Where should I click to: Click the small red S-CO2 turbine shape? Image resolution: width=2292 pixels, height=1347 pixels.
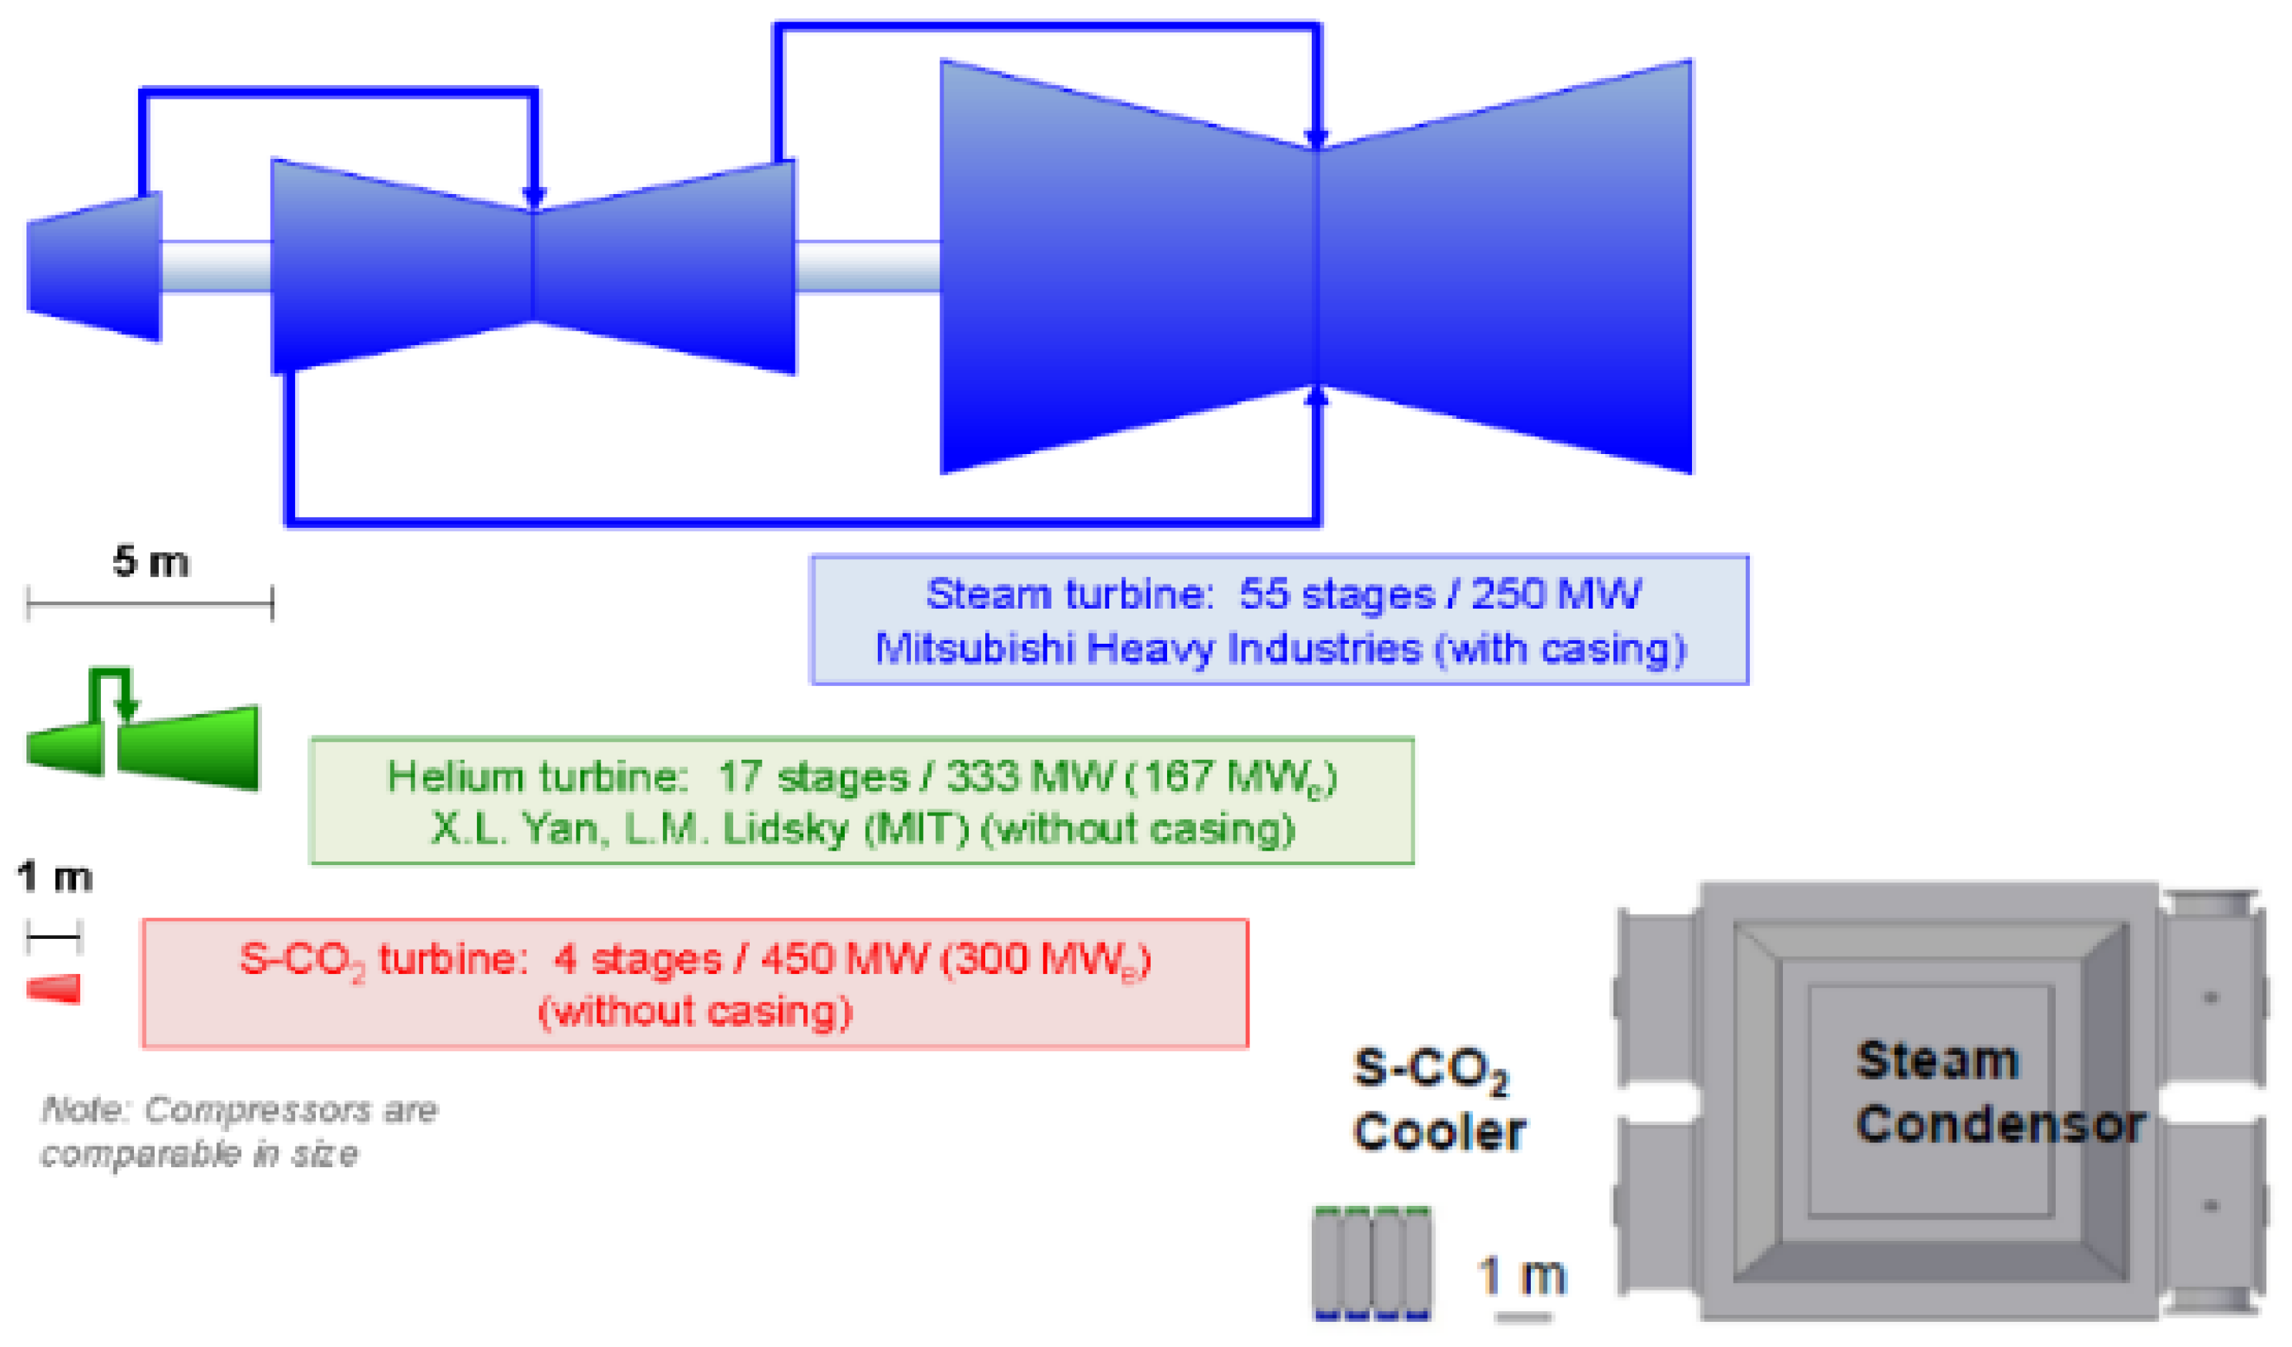click(x=54, y=989)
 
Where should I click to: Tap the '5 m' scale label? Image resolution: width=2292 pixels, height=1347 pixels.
click(x=151, y=562)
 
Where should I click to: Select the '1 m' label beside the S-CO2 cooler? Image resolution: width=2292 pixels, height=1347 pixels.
click(x=1522, y=1275)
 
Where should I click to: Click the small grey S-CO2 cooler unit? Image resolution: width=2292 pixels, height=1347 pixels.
click(x=1372, y=1262)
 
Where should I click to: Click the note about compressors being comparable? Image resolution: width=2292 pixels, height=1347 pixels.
click(x=238, y=1131)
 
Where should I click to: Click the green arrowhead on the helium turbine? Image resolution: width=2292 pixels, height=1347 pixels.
click(x=128, y=708)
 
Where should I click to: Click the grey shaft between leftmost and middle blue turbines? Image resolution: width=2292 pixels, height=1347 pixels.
click(x=216, y=266)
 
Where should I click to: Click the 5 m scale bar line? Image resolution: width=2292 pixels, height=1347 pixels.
click(x=150, y=602)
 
